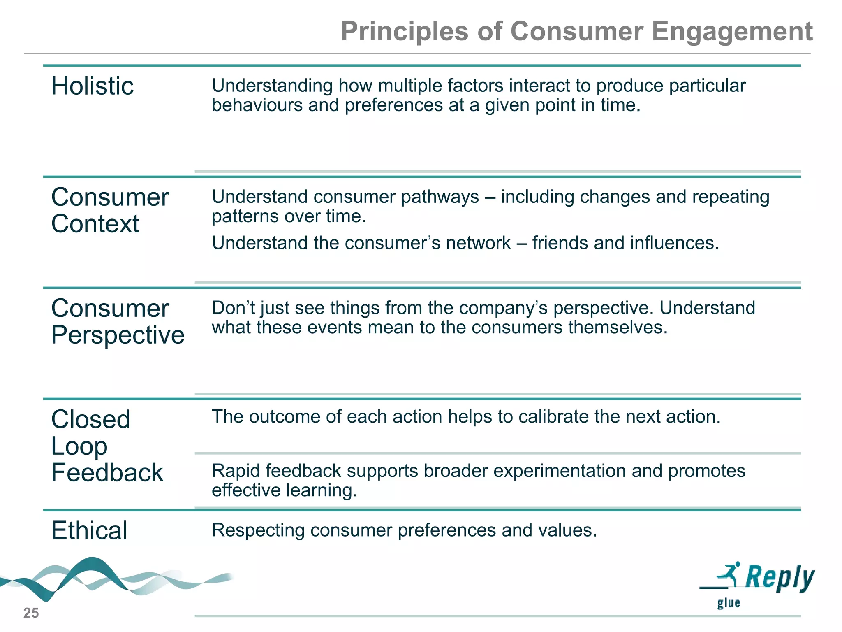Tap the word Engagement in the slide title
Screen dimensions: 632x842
(x=732, y=32)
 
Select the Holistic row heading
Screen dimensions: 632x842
(x=92, y=86)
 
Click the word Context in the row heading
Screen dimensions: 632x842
(x=95, y=224)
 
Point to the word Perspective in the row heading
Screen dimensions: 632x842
(x=118, y=335)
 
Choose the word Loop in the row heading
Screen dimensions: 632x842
(x=79, y=446)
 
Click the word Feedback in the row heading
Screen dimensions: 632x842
(x=107, y=472)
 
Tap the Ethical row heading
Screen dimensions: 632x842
(x=89, y=530)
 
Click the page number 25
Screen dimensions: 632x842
(x=31, y=613)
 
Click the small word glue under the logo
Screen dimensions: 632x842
(x=729, y=603)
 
